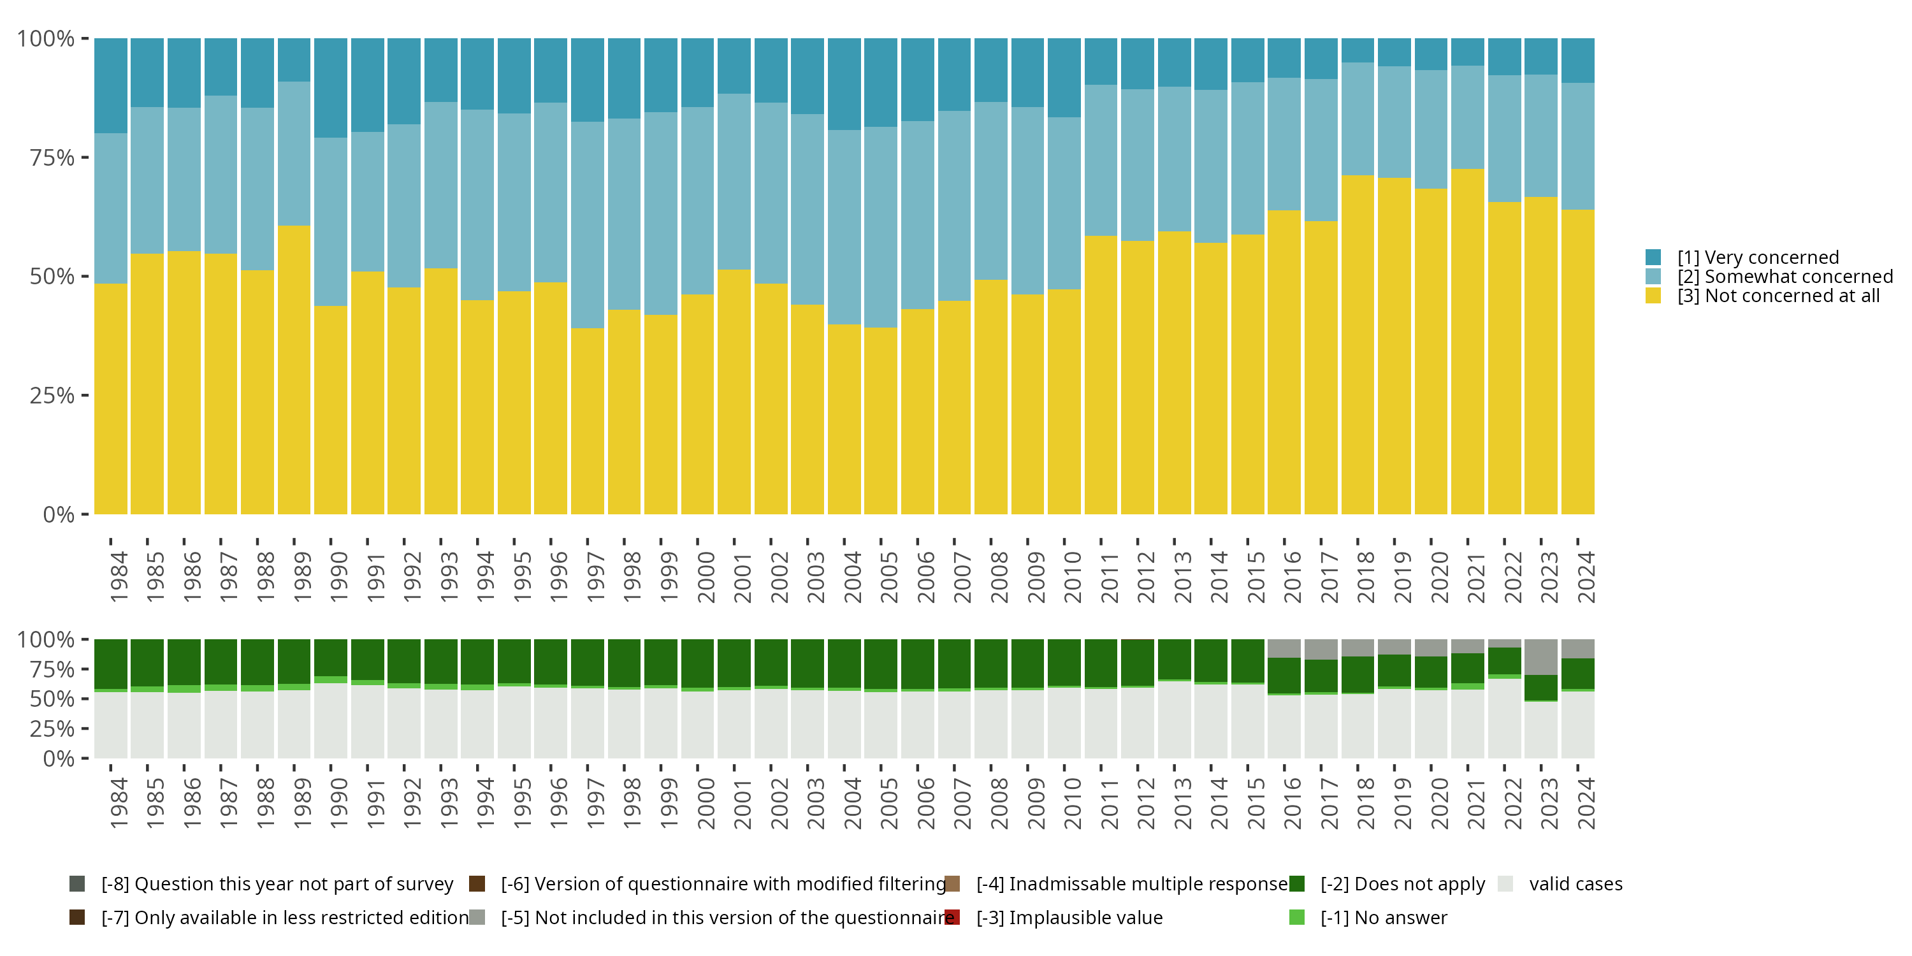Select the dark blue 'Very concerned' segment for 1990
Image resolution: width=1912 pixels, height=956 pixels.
coord(330,87)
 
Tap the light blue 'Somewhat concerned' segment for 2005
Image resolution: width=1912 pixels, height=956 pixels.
coord(880,227)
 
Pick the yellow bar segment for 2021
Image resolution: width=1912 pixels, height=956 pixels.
coord(1467,342)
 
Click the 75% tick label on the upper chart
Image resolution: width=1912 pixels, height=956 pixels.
coord(52,157)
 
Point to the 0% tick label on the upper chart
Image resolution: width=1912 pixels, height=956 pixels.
coord(59,514)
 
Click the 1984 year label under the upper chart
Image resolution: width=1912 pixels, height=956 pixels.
coord(119,577)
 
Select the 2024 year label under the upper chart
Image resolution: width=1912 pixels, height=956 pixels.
coord(1586,577)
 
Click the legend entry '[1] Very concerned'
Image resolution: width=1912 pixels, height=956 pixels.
coord(1758,257)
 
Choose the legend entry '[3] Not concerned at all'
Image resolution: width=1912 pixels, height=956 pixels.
coord(1778,296)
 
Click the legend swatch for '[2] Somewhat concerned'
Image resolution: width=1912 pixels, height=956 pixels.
coord(1653,276)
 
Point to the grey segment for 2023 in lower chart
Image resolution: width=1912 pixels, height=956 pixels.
coord(1540,657)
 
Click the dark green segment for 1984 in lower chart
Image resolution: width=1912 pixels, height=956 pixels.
coord(111,663)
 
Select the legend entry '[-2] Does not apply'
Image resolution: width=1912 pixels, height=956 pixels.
coord(1402,884)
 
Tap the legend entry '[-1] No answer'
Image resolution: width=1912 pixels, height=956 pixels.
coord(1384,917)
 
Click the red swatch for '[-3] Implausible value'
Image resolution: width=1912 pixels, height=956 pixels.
coord(952,917)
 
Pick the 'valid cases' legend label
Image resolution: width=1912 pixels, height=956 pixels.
coord(1575,884)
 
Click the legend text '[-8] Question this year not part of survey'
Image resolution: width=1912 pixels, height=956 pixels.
coord(277,884)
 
